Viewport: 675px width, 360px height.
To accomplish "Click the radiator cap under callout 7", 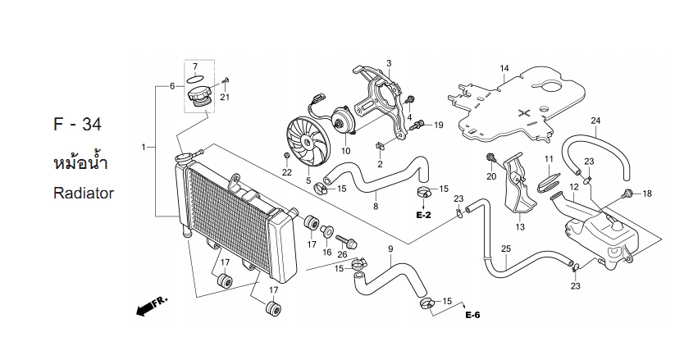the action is click(x=198, y=97).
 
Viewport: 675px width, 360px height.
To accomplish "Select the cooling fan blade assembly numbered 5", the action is click(x=308, y=142).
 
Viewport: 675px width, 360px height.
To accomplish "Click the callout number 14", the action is click(x=504, y=68).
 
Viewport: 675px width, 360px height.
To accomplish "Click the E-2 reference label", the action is click(x=423, y=216).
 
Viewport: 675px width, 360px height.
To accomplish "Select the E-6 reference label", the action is click(x=472, y=315).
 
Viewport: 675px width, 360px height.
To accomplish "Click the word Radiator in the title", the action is click(x=84, y=193).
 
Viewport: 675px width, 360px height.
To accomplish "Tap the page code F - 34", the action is click(x=77, y=124).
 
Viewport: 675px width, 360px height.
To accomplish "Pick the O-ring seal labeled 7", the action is click(x=195, y=80).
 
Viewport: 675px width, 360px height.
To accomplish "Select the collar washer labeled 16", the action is click(x=326, y=230).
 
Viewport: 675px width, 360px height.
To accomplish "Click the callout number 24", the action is click(x=595, y=121).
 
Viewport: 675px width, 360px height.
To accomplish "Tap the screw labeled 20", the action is click(x=490, y=157).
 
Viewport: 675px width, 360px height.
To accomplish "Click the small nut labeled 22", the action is click(x=286, y=156).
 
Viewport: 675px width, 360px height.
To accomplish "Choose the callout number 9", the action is click(x=390, y=249).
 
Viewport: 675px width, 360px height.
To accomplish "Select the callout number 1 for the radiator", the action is click(x=144, y=148).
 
